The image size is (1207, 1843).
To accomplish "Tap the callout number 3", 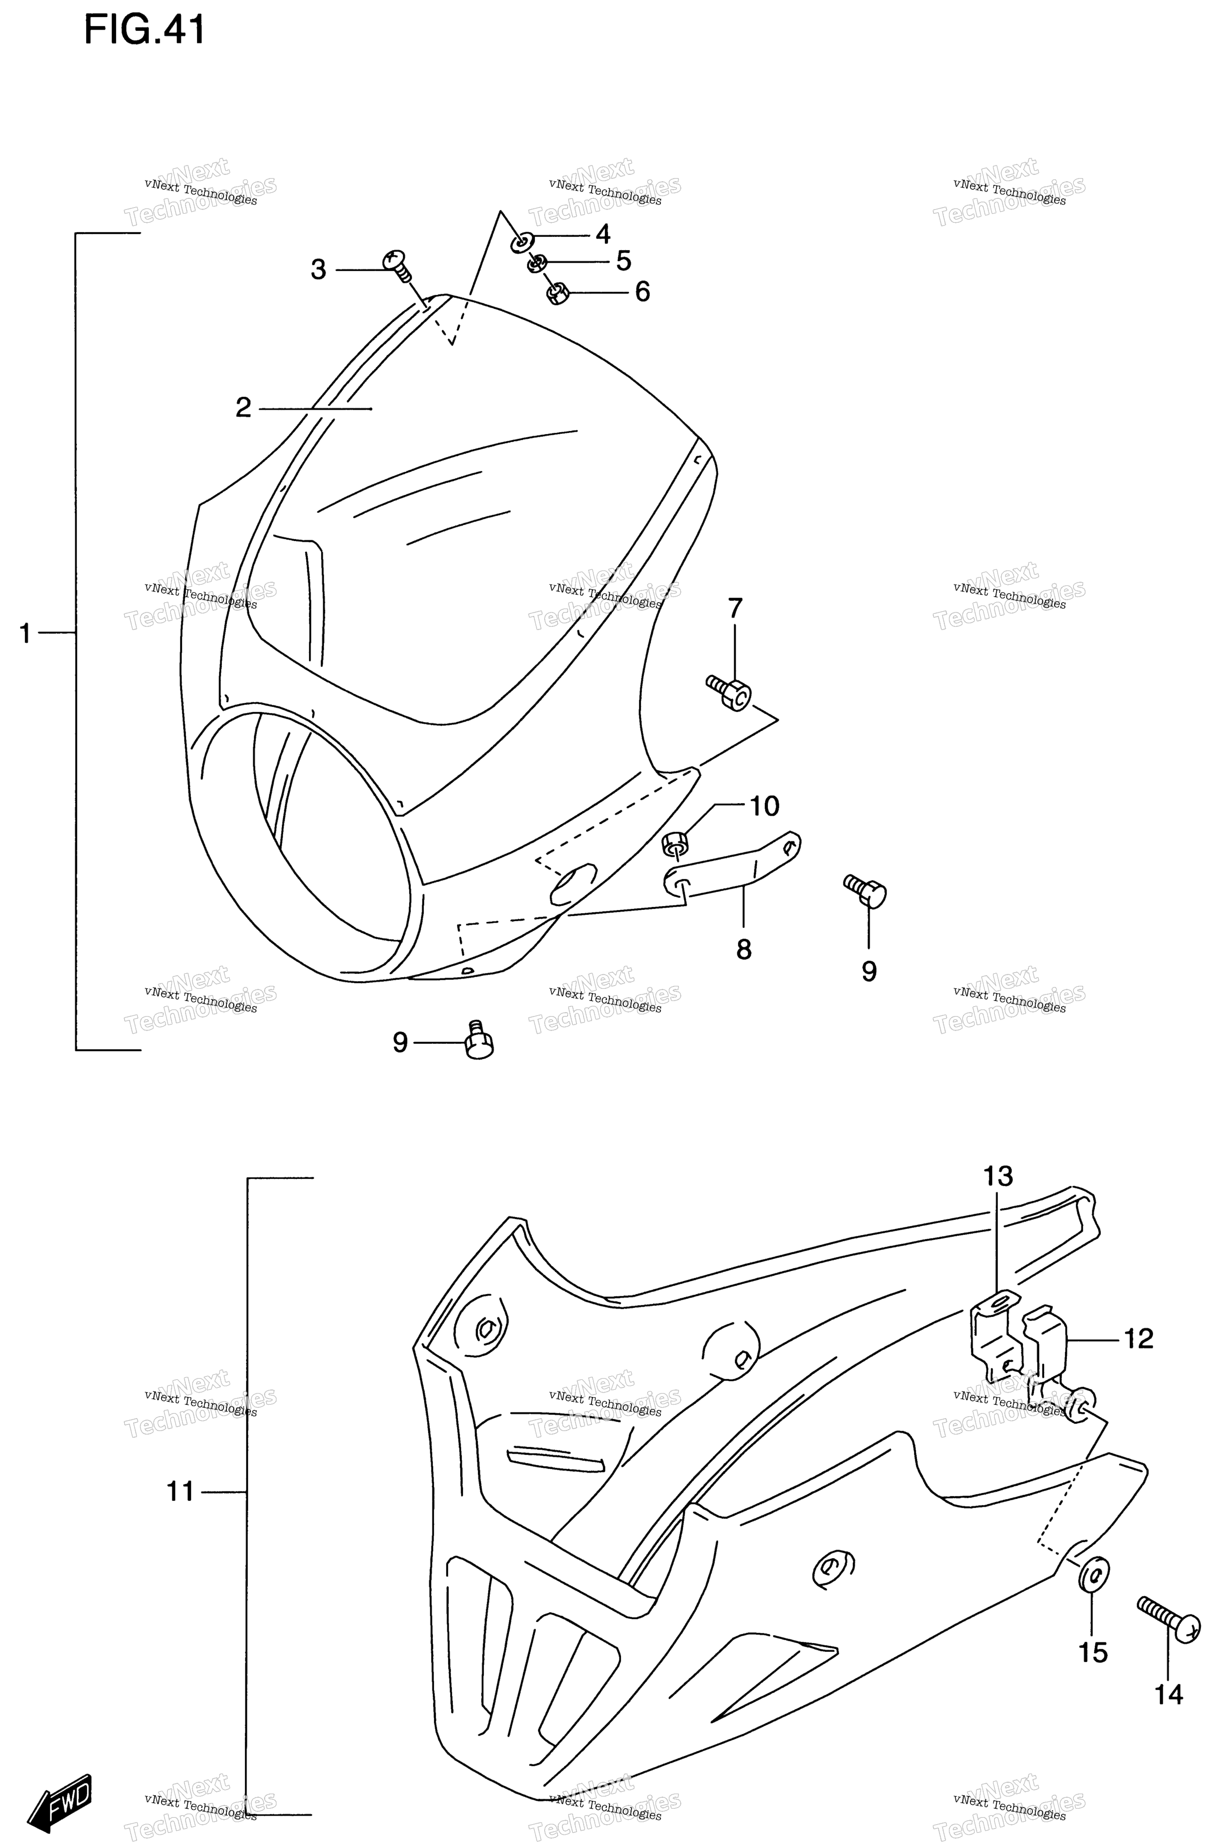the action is pos(318,270).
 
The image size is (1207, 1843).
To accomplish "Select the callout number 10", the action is pos(764,806).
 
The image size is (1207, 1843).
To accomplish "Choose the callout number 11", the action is pos(180,1491).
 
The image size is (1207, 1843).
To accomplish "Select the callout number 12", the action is pos(1138,1338).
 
